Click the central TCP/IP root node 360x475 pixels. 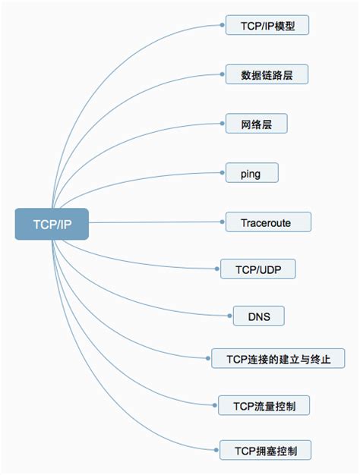pos(52,224)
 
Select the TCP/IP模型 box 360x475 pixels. pos(267,25)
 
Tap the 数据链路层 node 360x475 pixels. pos(267,74)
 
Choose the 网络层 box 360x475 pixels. pos(257,124)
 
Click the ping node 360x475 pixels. pos(252,173)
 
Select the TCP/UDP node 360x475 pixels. pos(257,269)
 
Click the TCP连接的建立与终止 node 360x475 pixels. pos(279,357)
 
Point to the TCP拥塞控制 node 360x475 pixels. pos(266,451)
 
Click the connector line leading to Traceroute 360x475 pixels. pos(152,223)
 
